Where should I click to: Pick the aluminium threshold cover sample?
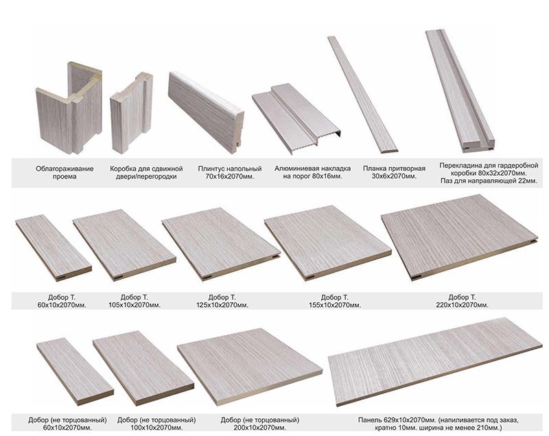tap(296, 117)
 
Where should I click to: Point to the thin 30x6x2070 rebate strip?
tap(362, 94)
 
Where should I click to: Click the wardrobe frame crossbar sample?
tap(460, 91)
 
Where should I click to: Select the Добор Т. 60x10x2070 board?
tap(54, 247)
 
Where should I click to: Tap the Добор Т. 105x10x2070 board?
tap(124, 245)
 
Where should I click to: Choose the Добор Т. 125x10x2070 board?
tap(220, 243)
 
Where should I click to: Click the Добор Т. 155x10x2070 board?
tap(327, 242)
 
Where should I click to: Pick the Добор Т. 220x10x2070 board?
tap(459, 238)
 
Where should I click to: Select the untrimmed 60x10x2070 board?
tap(75, 371)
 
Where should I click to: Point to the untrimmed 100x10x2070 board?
tap(143, 368)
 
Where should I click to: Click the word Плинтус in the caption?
tap(210, 169)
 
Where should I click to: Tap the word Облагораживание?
tap(65, 169)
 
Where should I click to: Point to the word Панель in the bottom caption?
tap(370, 420)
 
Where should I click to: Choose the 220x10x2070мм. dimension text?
tap(462, 305)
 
